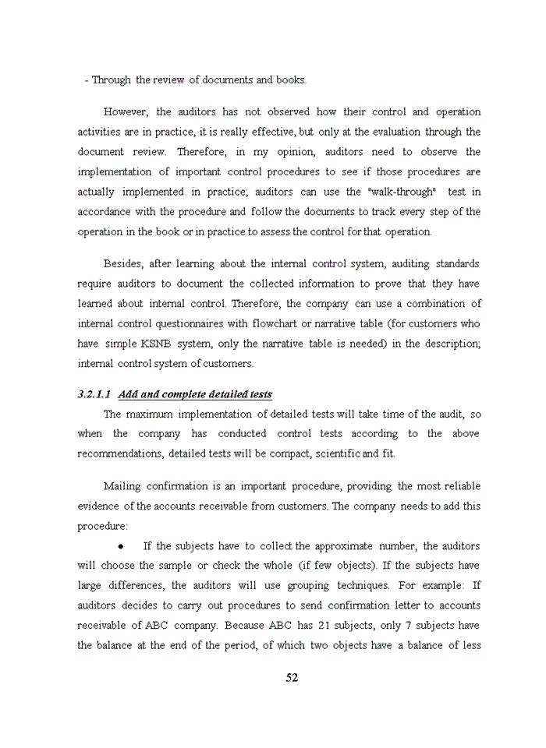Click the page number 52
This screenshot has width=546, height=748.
(292, 678)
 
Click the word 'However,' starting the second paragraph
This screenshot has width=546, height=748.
(125, 112)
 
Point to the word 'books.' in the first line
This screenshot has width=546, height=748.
(292, 80)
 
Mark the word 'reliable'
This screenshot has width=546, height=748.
(461, 486)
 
